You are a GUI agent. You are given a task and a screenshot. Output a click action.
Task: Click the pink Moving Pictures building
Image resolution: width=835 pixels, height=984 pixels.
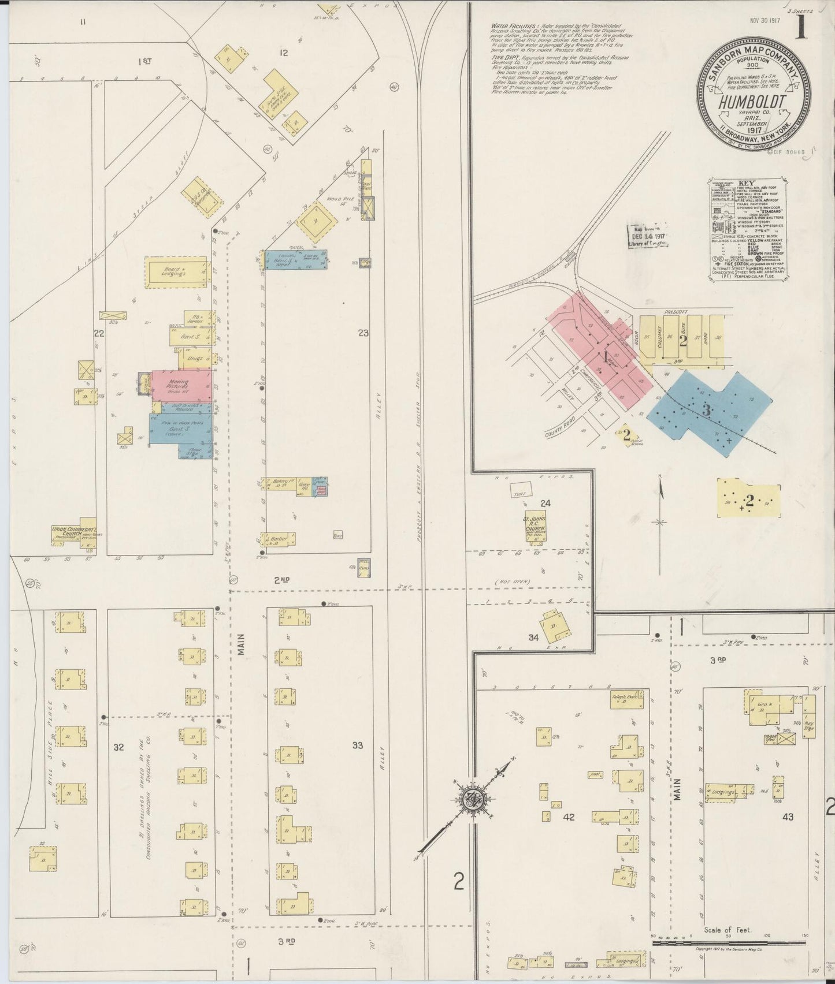click(x=181, y=385)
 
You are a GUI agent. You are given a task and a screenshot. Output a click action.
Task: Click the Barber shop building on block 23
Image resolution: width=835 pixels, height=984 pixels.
click(x=278, y=539)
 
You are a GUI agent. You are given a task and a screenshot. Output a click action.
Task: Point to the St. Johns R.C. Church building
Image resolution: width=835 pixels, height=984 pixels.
click(x=536, y=525)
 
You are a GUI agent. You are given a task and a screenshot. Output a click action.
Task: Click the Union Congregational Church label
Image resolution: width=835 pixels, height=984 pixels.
click(x=73, y=535)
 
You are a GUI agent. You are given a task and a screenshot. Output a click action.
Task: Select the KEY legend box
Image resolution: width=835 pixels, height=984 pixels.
click(x=748, y=230)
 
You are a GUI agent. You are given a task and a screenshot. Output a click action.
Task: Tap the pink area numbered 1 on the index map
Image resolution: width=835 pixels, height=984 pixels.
click(x=606, y=358)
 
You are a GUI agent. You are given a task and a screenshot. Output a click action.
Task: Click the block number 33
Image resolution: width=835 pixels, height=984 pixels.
click(x=358, y=745)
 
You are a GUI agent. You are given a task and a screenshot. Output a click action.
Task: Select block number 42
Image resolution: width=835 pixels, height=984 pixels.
click(x=569, y=817)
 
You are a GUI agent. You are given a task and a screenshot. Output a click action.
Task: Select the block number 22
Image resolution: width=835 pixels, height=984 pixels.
click(x=99, y=333)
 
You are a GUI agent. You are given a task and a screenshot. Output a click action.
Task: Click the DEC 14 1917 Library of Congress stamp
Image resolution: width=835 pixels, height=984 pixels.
click(x=648, y=236)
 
